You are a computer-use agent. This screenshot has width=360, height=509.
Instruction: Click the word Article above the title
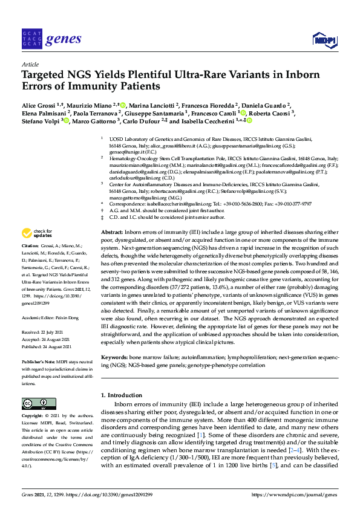click(x=30, y=64)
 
